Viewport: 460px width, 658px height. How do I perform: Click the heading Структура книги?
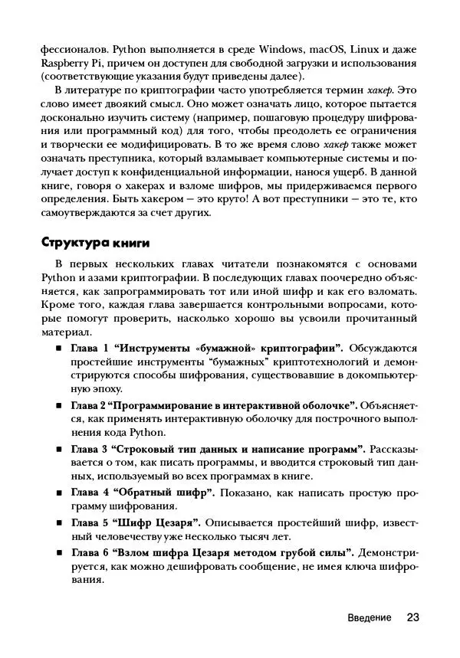coord(94,243)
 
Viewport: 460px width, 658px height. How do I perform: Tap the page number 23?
coord(412,617)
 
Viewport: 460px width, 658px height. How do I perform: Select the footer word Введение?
coord(369,617)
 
